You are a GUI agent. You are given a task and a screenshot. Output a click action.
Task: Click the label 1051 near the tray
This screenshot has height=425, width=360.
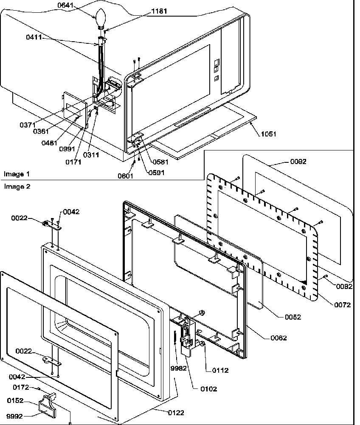point(268,134)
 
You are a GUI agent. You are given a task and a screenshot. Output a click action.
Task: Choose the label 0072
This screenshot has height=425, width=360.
point(342,305)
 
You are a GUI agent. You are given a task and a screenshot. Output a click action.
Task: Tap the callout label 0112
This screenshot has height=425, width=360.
point(220,370)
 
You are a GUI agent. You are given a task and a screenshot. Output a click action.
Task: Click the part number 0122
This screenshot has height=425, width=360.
point(175,412)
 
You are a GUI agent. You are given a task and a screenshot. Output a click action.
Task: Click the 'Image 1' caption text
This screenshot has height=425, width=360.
point(17,174)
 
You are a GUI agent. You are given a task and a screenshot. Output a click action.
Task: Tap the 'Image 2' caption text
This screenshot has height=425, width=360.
point(17,186)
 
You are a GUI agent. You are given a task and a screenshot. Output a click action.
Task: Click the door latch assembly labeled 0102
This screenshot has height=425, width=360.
point(187,336)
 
